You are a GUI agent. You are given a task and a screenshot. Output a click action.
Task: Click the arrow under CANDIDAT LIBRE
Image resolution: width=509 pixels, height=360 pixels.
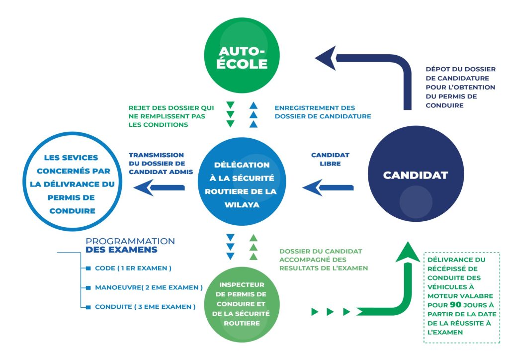[328, 187]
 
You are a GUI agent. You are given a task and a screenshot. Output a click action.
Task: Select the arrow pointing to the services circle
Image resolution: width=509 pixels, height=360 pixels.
[159, 187]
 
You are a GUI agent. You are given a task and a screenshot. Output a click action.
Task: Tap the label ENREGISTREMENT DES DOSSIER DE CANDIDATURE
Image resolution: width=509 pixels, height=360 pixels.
[323, 111]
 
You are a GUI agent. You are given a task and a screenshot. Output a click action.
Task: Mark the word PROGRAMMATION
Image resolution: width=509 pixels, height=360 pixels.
[131, 241]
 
